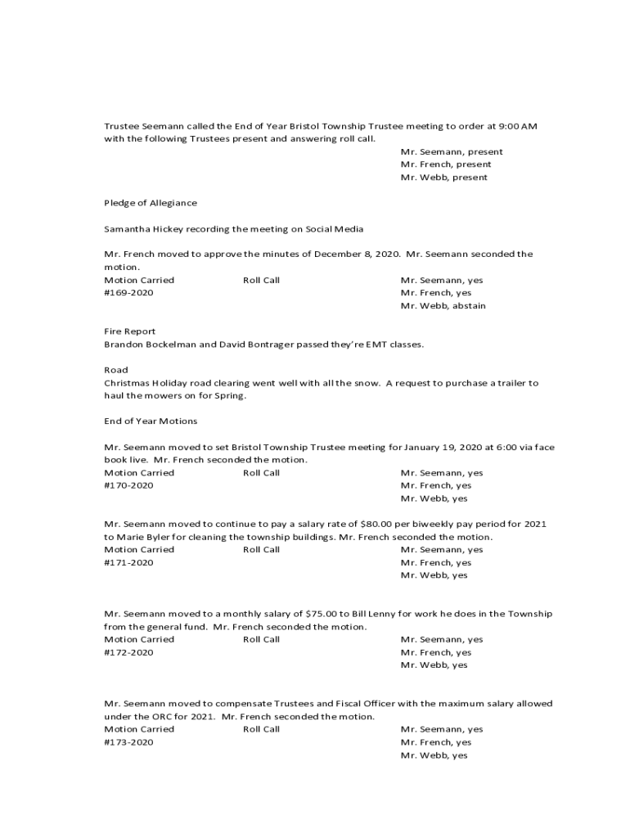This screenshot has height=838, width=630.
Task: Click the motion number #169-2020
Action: pyautogui.click(x=128, y=293)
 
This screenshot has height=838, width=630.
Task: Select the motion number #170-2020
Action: pyautogui.click(x=128, y=486)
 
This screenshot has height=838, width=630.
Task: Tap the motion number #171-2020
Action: pyautogui.click(x=128, y=563)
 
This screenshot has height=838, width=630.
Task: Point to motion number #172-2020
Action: pyautogui.click(x=128, y=653)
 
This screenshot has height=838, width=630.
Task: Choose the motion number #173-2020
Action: pyautogui.click(x=128, y=742)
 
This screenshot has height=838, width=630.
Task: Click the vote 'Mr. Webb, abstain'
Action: pyautogui.click(x=443, y=306)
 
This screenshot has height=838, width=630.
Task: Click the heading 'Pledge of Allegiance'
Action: pyautogui.click(x=151, y=203)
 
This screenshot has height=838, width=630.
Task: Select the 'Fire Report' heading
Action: pyautogui.click(x=124, y=331)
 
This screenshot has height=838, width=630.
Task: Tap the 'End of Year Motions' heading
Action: pyautogui.click(x=151, y=421)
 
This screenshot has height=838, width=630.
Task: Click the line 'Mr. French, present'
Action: pyautogui.click(x=446, y=164)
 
